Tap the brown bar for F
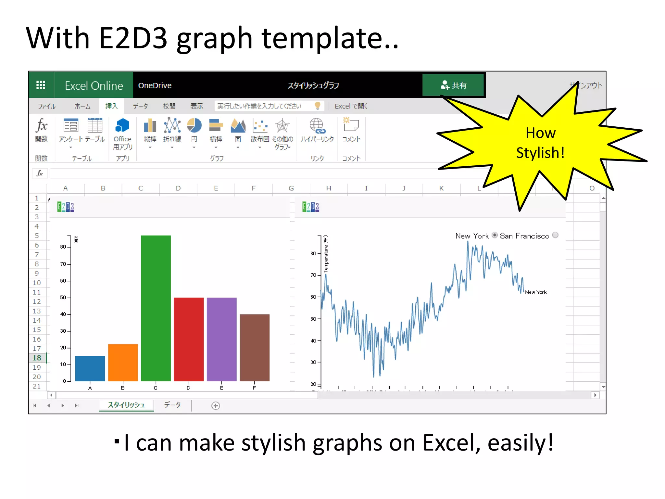255,347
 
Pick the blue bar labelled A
90,368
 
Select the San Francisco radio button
555,235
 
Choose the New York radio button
495,235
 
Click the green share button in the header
453,85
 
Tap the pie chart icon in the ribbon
194,126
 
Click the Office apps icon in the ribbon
122,126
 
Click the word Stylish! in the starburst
540,153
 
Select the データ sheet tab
172,405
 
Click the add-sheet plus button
216,406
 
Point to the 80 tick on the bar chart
63,247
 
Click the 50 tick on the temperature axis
313,319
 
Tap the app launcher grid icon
41,85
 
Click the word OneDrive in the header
155,85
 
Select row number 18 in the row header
37,358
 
